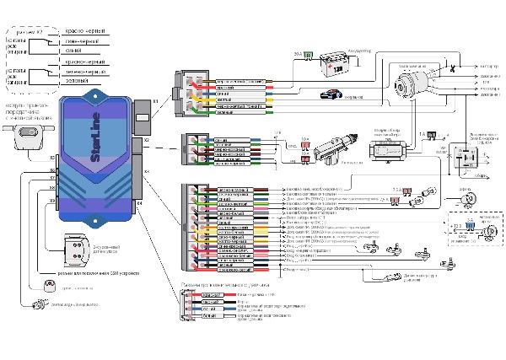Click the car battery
[336, 64]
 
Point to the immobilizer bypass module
[387, 150]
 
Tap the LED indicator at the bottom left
[39, 304]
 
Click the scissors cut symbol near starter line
[454, 66]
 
